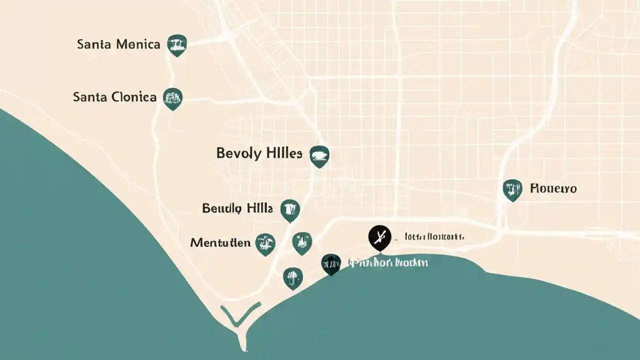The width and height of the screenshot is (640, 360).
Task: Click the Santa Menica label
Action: click(118, 44)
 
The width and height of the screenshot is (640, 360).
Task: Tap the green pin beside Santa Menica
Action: click(177, 44)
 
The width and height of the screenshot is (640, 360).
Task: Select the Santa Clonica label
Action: click(114, 97)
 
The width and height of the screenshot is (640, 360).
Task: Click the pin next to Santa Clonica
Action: click(173, 98)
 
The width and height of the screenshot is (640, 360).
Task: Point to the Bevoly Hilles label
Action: click(259, 153)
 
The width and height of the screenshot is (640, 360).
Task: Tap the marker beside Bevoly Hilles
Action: click(319, 156)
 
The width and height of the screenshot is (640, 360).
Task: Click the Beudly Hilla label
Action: click(237, 208)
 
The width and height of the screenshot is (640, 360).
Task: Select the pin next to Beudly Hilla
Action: click(290, 209)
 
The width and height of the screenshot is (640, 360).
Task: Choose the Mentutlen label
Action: click(220, 243)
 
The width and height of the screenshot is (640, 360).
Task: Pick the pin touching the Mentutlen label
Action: click(265, 244)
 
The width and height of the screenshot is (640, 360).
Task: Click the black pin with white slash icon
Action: click(379, 237)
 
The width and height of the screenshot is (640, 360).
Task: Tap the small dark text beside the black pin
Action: click(434, 236)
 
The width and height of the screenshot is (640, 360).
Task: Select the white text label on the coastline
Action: click(388, 262)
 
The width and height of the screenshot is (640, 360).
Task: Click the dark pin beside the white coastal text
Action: click(331, 263)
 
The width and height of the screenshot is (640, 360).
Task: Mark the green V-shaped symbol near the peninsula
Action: click(241, 314)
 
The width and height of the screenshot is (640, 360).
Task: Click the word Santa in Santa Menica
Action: click(93, 44)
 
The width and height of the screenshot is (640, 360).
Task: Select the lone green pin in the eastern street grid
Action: click(512, 189)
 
